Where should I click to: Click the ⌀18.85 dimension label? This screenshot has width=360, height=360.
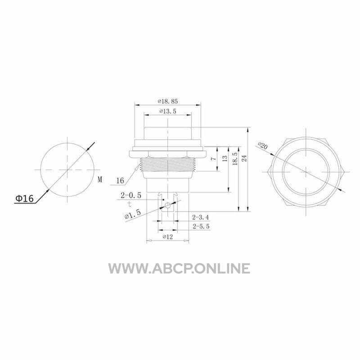167,101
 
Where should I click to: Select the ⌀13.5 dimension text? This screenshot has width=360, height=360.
168,111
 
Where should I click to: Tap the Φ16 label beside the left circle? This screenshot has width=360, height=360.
24,198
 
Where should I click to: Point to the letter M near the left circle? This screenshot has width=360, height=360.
100,179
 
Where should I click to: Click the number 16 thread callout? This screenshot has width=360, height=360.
120,181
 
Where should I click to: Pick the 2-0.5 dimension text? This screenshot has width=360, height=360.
131,195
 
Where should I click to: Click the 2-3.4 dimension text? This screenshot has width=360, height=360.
201,217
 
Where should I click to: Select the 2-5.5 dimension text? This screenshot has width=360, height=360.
201,226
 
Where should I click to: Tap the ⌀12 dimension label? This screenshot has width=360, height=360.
167,237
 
